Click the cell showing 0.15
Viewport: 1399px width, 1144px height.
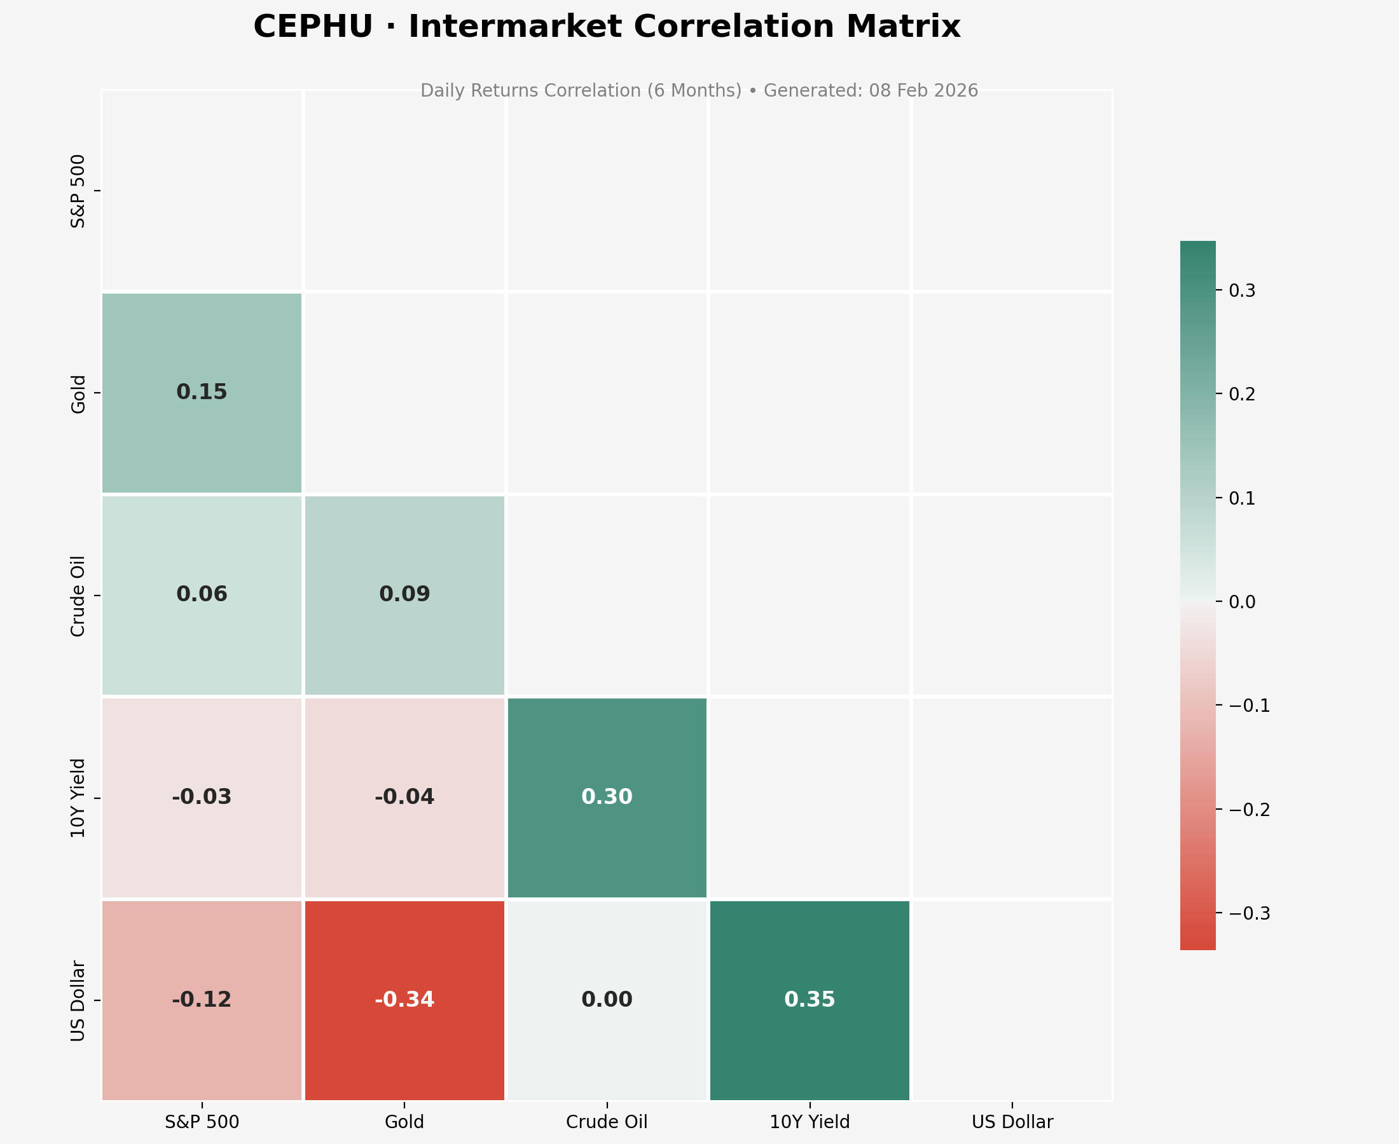[202, 393]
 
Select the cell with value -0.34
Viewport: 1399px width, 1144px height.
[404, 1000]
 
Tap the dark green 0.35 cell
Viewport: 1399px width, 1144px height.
[810, 1000]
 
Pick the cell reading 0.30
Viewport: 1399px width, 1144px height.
[607, 798]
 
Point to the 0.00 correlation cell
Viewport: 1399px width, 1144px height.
[607, 1000]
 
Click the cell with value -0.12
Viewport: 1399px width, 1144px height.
[202, 1000]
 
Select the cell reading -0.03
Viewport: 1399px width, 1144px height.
[202, 798]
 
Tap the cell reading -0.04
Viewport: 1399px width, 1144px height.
[404, 798]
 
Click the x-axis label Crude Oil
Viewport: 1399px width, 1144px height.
[607, 1122]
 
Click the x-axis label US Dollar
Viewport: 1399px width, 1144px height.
[1012, 1122]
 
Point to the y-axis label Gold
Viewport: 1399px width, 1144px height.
[78, 393]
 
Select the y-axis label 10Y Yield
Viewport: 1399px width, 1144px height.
[78, 798]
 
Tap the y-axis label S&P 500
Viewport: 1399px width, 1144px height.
[78, 191]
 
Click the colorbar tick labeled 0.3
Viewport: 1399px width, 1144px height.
[1242, 290]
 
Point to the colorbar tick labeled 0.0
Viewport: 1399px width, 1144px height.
[1242, 602]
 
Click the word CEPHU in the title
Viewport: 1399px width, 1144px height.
[312, 28]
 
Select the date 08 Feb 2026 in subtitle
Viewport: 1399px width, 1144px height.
[923, 91]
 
